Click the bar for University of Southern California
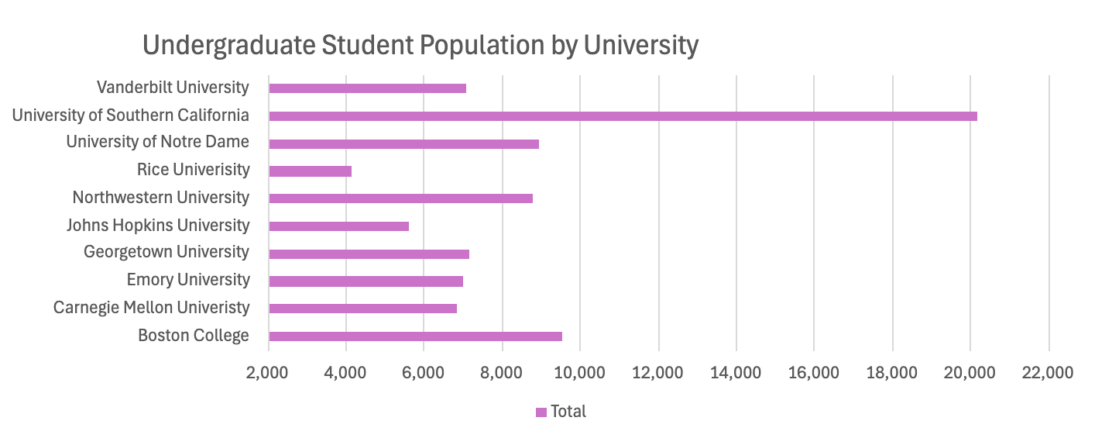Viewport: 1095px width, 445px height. (623, 116)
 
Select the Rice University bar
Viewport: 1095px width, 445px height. (310, 171)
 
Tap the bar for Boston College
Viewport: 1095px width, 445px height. (415, 336)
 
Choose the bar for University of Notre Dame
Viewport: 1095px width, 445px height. (403, 143)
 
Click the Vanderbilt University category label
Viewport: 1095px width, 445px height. (173, 87)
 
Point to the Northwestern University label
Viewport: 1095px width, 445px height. (161, 197)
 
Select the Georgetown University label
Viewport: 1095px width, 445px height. (166, 252)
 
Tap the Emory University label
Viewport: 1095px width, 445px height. (188, 279)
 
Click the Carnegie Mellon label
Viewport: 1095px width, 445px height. (152, 308)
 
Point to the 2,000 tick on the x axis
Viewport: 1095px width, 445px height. (268, 373)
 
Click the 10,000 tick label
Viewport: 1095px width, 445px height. (580, 373)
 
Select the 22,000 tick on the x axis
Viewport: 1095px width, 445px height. (1048, 373)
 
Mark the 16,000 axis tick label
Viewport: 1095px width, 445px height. (814, 373)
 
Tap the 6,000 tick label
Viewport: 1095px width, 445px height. (424, 373)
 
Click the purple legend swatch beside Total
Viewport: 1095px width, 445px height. (541, 412)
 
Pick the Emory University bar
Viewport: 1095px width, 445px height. (366, 281)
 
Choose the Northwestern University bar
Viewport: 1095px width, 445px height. (400, 198)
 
